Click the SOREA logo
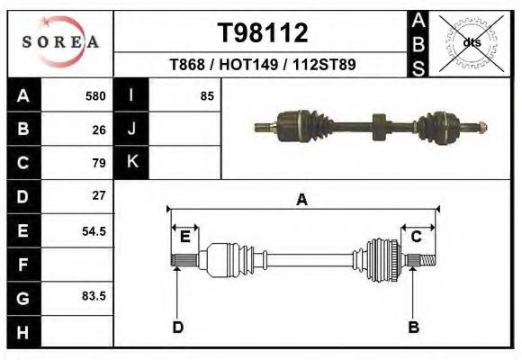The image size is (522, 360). point(59,42)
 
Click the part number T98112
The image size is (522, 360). point(264,32)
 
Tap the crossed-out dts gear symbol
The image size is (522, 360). point(472,42)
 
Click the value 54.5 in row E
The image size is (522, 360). point(94,230)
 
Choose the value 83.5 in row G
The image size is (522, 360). point(94,296)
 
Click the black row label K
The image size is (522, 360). point(131,162)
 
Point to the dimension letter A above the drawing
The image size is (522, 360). point(302,201)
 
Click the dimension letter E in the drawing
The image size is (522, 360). point(184,237)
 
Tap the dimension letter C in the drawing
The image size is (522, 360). point(417,237)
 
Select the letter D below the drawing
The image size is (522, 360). point(177,327)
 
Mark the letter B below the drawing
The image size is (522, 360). point(414,327)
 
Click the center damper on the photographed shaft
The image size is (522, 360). point(377,123)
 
